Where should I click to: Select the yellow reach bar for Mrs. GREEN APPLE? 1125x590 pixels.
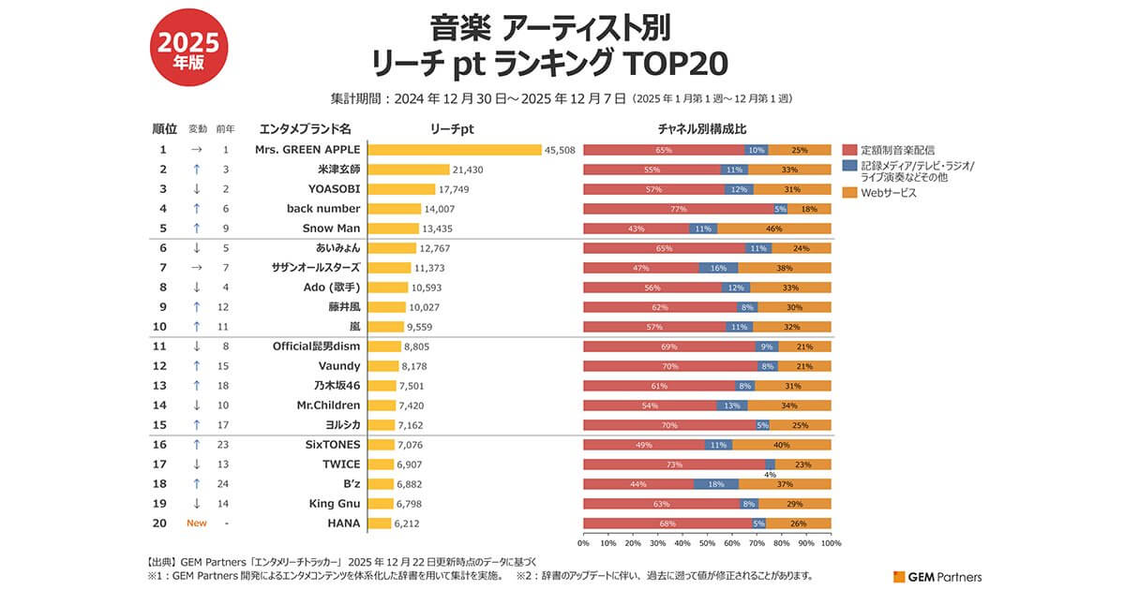point(455,150)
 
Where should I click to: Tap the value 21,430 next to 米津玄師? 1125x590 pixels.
point(467,170)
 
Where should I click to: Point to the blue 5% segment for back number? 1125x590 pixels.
point(780,209)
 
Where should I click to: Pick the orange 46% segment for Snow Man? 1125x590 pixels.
point(773,229)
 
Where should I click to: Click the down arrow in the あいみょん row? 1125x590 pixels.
point(197,248)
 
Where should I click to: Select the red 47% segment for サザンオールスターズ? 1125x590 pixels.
point(641,268)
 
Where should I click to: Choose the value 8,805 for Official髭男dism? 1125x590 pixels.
point(415,346)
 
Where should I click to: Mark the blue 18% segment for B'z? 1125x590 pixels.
point(716,484)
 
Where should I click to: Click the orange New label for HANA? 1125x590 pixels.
point(197,524)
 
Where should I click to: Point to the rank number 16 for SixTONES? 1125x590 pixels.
point(162,445)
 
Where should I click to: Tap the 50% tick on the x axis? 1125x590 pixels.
point(708,543)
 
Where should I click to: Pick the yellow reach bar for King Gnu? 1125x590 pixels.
point(380,504)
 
